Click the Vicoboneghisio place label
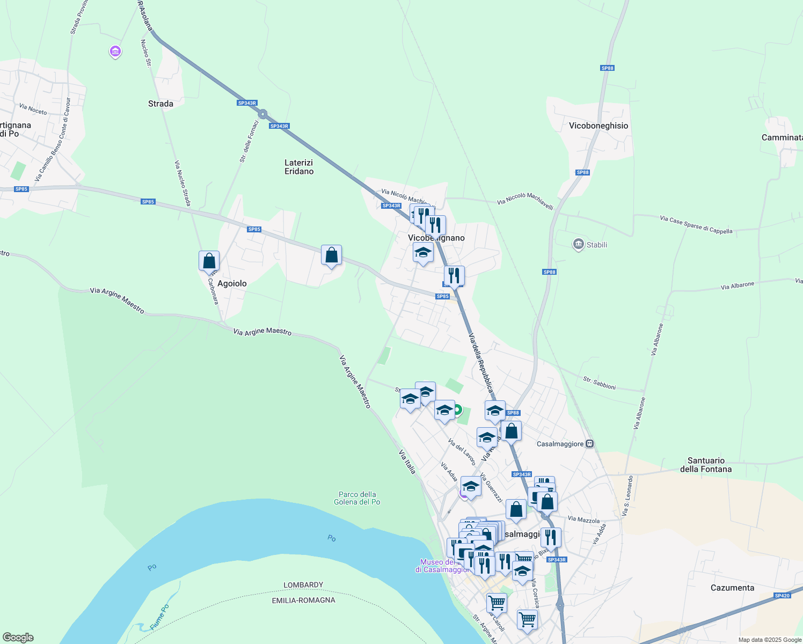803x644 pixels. coord(598,126)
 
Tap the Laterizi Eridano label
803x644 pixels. coord(299,167)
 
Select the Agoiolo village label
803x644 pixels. coord(232,283)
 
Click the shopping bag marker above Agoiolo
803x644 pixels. coord(209,261)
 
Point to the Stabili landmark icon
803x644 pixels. coord(578,245)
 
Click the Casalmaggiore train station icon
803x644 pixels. coord(589,444)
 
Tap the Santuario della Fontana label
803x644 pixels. coord(706,465)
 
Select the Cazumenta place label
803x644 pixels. coord(732,588)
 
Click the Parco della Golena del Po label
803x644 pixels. coord(357,498)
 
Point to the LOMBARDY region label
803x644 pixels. coord(303,585)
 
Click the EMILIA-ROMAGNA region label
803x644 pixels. coord(303,600)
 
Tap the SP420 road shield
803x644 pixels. coord(782,596)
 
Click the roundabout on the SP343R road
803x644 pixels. coord(262,114)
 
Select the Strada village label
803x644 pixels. coord(160,104)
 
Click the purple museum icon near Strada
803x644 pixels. coord(115,52)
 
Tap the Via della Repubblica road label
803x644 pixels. coord(480,363)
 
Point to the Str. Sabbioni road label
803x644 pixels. coord(599,383)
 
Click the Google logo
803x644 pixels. coord(18,638)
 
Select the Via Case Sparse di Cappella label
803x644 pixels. coord(696,225)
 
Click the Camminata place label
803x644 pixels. coord(782,137)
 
